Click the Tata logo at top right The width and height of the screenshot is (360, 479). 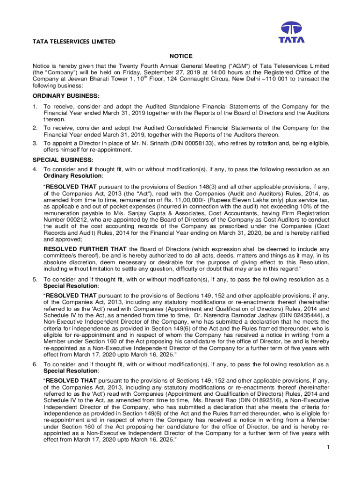[292, 32]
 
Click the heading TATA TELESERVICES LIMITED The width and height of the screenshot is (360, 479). [73, 42]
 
